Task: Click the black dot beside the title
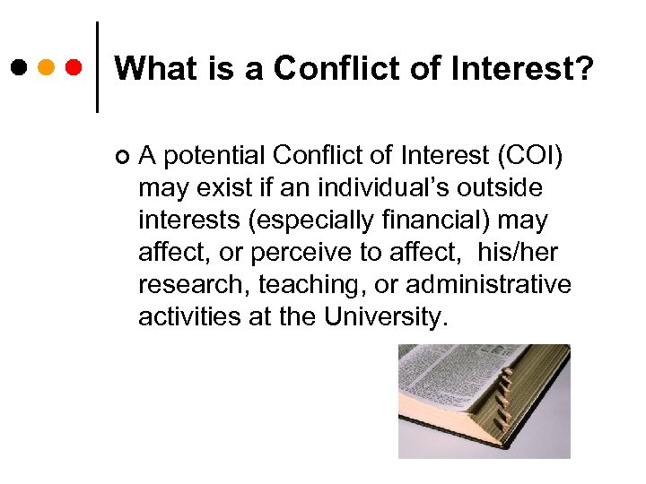click(x=19, y=67)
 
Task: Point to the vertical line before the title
click(x=97, y=67)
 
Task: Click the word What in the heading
click(x=147, y=68)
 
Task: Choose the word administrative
click(x=488, y=285)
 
